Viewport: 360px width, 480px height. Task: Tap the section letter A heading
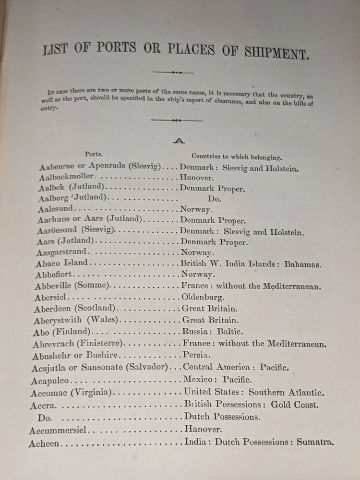click(x=179, y=141)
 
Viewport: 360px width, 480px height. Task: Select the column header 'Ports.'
click(x=94, y=154)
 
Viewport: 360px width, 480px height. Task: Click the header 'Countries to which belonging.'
click(x=237, y=156)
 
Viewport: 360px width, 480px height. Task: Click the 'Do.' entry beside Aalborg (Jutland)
click(x=214, y=199)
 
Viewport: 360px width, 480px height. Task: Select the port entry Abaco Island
click(x=62, y=263)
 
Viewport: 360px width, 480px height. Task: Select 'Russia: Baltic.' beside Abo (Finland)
click(x=213, y=332)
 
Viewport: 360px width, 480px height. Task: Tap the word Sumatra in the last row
click(x=315, y=442)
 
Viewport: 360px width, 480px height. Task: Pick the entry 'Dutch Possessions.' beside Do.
click(x=222, y=417)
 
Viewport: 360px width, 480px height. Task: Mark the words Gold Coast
click(x=294, y=405)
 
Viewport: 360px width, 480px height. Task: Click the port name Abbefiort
click(x=55, y=275)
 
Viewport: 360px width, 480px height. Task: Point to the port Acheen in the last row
click(x=44, y=444)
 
